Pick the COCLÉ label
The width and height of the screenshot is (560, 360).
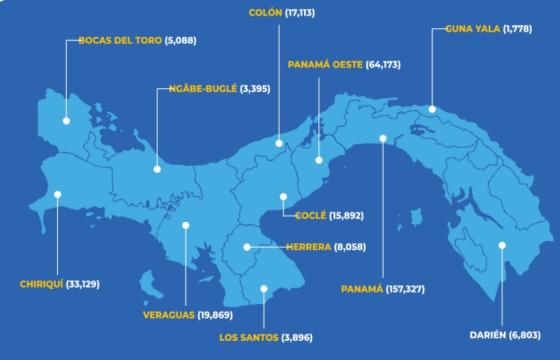point(316,214)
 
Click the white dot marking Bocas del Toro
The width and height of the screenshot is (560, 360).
point(65,121)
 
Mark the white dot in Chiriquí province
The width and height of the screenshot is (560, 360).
point(58,196)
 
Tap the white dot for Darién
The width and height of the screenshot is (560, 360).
point(503,245)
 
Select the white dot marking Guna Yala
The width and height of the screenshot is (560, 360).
point(432,110)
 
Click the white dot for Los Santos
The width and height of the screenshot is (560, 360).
point(264,290)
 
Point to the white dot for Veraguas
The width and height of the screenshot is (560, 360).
point(186,226)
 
